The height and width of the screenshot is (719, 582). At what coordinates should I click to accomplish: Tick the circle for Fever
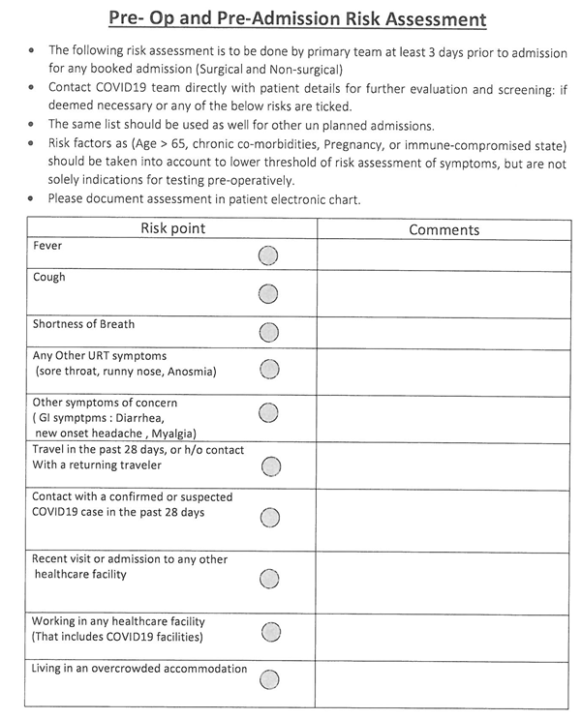click(268, 255)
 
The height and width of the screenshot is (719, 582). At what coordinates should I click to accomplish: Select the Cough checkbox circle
click(268, 293)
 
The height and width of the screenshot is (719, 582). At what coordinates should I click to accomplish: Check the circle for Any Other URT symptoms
click(269, 369)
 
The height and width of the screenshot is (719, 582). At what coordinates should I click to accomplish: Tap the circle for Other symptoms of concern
click(268, 413)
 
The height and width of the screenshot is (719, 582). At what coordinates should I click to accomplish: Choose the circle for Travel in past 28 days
click(270, 466)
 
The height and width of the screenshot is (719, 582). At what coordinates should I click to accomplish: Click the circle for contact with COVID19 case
click(270, 517)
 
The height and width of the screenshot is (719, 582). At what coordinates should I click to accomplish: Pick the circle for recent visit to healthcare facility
click(270, 579)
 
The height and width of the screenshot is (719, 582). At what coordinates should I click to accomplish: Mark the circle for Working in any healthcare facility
click(270, 633)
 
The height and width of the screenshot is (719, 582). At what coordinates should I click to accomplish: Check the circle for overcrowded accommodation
click(270, 678)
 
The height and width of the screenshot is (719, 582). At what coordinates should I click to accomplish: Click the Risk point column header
click(172, 229)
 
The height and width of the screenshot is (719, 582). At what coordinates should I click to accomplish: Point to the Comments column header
click(444, 230)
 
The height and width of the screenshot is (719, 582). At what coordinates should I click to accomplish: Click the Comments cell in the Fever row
click(444, 255)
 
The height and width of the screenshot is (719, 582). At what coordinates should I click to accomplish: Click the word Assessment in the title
click(428, 18)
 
